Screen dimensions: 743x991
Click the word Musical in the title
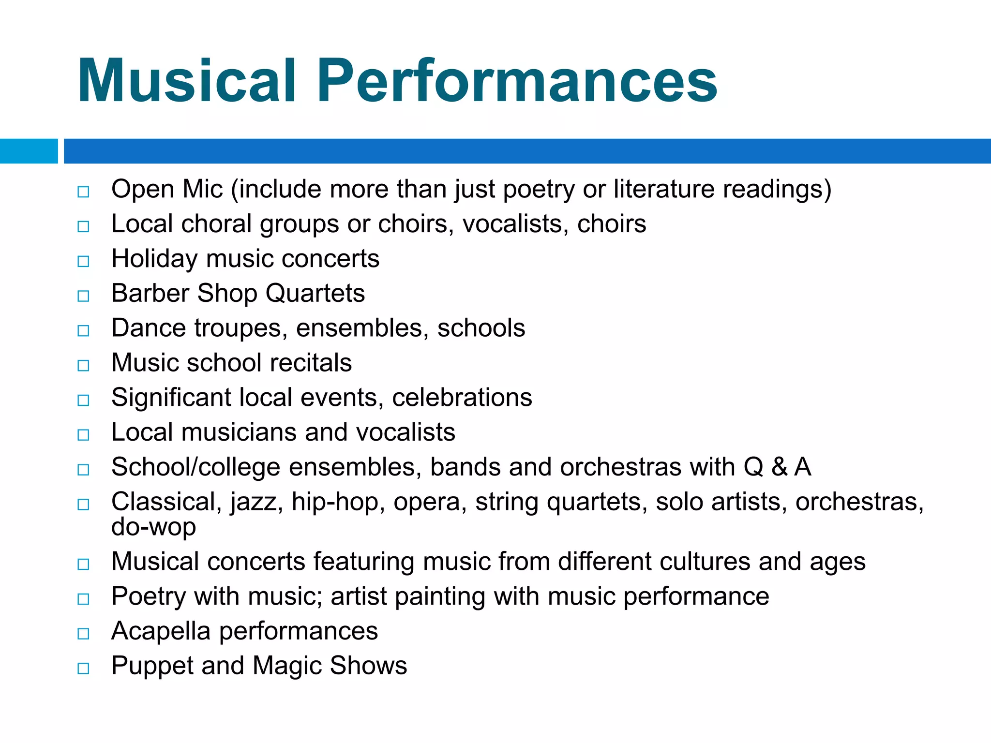pyautogui.click(x=186, y=81)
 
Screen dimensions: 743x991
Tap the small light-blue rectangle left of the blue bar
pyautogui.click(x=29, y=151)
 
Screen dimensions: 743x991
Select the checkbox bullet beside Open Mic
pyautogui.click(x=83, y=192)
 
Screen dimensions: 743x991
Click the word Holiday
pyautogui.click(x=154, y=259)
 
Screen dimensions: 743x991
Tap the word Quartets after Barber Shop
pyautogui.click(x=315, y=294)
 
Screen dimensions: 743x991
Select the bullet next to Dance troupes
pyautogui.click(x=83, y=330)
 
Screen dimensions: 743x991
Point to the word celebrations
pyautogui.click(x=462, y=398)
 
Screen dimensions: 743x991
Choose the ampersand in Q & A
pyautogui.click(x=779, y=467)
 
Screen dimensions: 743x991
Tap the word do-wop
pyautogui.click(x=153, y=527)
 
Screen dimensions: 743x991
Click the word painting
pyautogui.click(x=440, y=597)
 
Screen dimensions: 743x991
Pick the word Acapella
pyautogui.click(x=161, y=631)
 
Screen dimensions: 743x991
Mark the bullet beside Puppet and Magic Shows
pyautogui.click(x=83, y=669)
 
